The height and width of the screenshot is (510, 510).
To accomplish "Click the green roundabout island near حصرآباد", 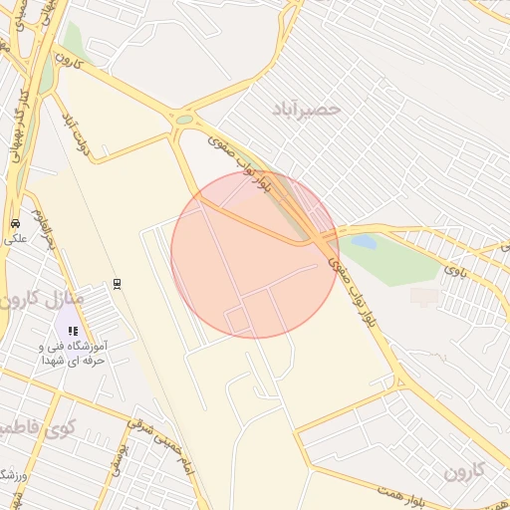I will coord(184,120).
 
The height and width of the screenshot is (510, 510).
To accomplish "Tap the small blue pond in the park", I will coord(364,242).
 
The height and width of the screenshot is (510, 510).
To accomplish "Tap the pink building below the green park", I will coord(424,296).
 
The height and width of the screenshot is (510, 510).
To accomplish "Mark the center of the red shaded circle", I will coord(255,254).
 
